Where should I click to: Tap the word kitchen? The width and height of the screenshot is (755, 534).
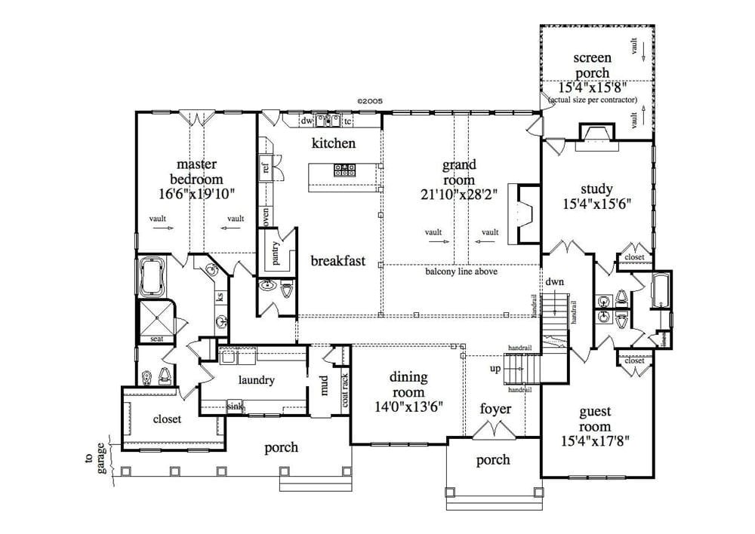coord(334,143)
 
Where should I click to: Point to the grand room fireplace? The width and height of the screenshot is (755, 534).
coord(519,213)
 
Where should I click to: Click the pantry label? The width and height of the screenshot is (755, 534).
coord(276,253)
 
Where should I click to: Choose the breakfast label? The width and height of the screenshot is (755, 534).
coord(337,261)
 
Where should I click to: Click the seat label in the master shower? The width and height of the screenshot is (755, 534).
coord(156,339)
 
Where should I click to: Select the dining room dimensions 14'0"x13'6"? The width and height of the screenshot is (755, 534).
coord(408,406)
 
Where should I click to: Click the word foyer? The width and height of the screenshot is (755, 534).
coord(496,409)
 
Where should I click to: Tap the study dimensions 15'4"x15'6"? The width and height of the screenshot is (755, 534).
coord(596,204)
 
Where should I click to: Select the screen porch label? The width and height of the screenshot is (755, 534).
coord(592,65)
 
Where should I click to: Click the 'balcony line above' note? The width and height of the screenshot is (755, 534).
coord(461,272)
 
